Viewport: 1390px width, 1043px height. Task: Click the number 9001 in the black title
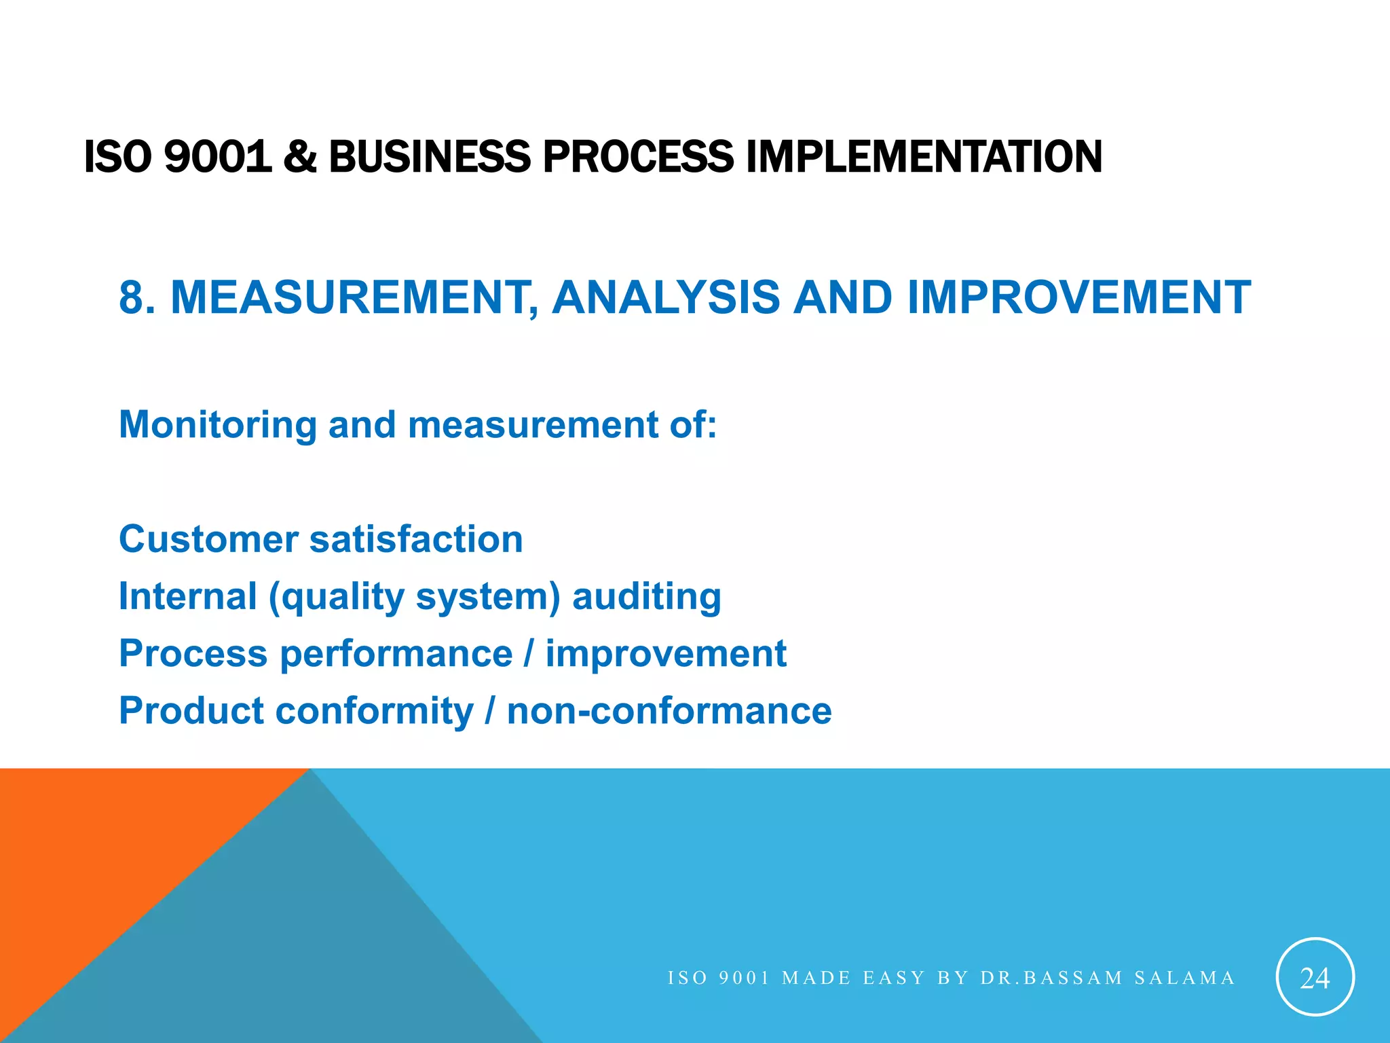coord(217,156)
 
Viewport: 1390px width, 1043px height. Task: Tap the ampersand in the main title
coord(300,156)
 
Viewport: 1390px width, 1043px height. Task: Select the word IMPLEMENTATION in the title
coord(923,156)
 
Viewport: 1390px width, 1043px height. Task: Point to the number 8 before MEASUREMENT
coord(131,297)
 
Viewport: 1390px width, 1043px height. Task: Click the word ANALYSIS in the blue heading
coord(666,297)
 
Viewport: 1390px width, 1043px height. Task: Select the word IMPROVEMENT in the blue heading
coord(1078,297)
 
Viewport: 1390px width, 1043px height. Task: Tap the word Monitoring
coord(218,425)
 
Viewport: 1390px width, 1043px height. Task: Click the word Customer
coord(208,539)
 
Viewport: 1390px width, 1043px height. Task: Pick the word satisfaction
coord(416,539)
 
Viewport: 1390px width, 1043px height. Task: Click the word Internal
coord(188,596)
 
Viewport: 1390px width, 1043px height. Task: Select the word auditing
coord(646,596)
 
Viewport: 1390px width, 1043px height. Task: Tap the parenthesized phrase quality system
coord(415,598)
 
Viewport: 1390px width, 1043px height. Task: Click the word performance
coord(396,655)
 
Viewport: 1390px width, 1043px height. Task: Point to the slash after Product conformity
coord(490,711)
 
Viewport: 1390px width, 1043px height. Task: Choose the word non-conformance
coord(669,711)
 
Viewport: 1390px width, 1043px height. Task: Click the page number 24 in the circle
coord(1315,978)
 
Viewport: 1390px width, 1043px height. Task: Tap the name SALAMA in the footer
coord(1184,978)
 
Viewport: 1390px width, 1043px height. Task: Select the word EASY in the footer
coord(894,978)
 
